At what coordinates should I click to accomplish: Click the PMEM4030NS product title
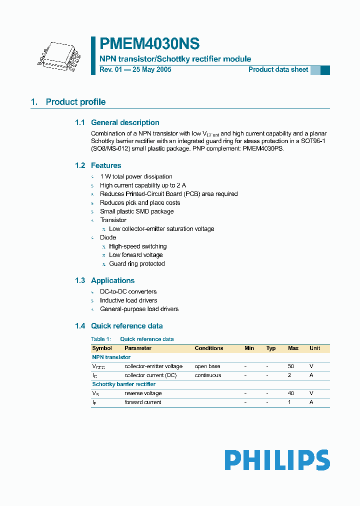[149, 44]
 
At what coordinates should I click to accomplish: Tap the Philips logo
[277, 460]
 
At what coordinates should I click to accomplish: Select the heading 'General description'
[125, 122]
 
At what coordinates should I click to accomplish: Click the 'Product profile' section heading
[75, 102]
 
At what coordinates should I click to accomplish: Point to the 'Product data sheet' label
[278, 69]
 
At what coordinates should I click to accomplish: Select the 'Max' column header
[293, 348]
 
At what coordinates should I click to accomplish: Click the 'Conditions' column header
[208, 348]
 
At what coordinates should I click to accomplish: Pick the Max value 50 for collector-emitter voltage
[291, 366]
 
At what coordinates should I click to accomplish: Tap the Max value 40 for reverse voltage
[291, 393]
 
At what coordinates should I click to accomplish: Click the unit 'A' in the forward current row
[311, 402]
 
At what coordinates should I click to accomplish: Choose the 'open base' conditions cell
[207, 366]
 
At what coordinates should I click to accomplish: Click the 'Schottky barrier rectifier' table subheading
[123, 384]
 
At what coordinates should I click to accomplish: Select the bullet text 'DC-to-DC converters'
[128, 291]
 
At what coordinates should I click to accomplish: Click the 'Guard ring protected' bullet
[136, 264]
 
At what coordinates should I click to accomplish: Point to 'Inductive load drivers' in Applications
[128, 300]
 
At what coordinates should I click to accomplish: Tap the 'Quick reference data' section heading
[126, 326]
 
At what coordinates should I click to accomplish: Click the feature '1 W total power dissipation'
[136, 176]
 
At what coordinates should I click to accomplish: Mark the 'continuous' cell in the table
[207, 375]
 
